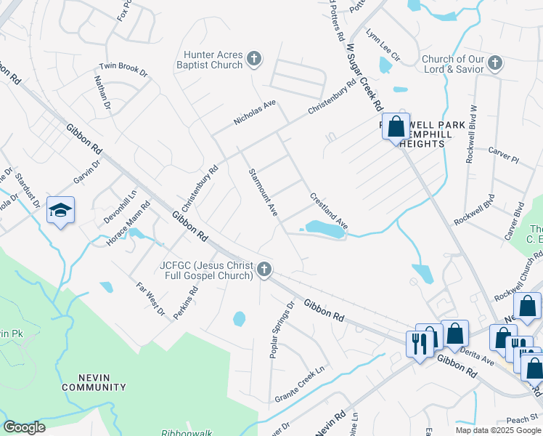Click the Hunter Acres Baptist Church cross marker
[253, 58]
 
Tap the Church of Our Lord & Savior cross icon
[495, 62]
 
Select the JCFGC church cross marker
[264, 270]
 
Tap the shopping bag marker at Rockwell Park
[396, 127]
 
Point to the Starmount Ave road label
[263, 192]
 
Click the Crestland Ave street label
[329, 211]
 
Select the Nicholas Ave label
[255, 113]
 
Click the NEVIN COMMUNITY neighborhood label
[94, 382]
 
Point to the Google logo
[24, 427]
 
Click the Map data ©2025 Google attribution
[497, 430]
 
